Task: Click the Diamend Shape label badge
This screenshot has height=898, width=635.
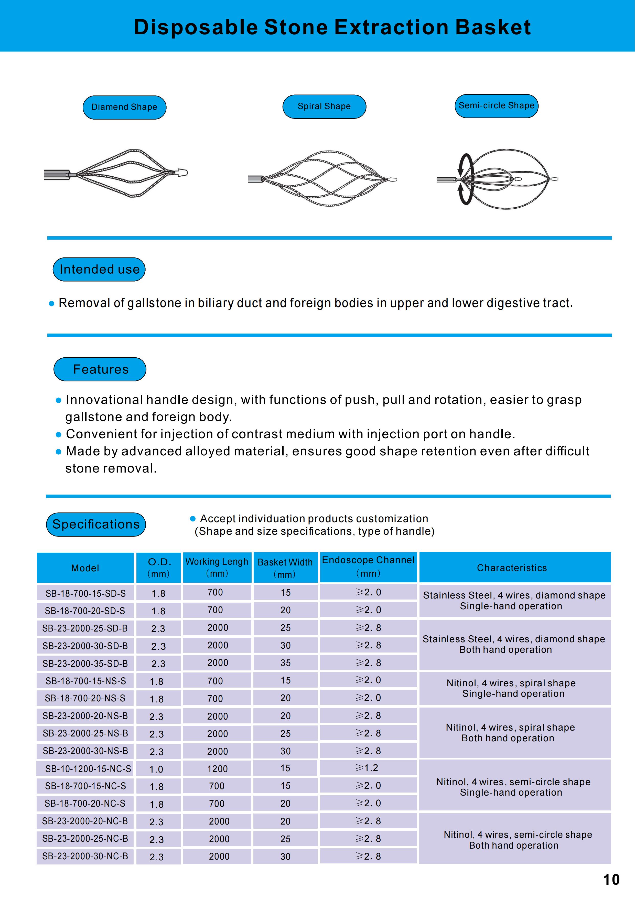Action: click(124, 107)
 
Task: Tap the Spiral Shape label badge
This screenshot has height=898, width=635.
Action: click(324, 106)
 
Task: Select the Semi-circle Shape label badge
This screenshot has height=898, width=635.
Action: click(496, 106)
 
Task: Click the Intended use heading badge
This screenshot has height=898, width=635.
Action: click(99, 270)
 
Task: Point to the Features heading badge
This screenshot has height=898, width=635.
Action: click(100, 369)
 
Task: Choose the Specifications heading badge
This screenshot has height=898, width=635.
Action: click(96, 524)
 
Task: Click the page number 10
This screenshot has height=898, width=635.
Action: click(611, 880)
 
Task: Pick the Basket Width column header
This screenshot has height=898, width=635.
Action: click(285, 568)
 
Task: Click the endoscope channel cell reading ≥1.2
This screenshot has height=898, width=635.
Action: click(367, 768)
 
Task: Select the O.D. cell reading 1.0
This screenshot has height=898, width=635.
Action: click(156, 769)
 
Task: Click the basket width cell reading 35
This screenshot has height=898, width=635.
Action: click(285, 663)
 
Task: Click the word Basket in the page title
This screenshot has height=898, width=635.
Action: click(493, 27)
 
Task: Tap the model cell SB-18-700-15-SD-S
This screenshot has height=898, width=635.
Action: click(86, 593)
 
